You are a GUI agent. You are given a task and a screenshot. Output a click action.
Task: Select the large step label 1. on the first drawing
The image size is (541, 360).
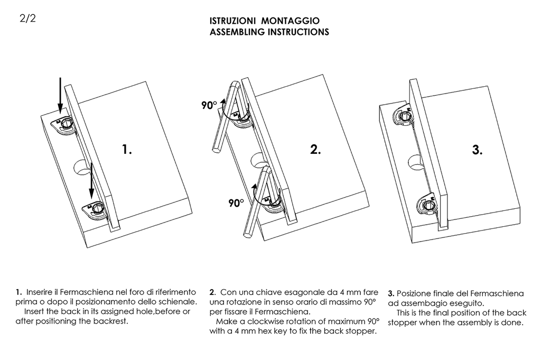click(127, 150)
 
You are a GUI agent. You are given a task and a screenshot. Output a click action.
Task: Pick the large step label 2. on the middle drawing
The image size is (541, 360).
click(315, 150)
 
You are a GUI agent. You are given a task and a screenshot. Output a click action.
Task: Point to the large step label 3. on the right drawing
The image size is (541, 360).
click(477, 150)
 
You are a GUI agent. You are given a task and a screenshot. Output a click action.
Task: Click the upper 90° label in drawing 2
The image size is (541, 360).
click(209, 106)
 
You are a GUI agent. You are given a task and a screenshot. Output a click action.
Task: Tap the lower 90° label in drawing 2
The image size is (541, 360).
click(236, 202)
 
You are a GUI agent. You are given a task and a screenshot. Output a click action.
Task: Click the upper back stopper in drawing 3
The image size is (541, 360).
click(405, 117)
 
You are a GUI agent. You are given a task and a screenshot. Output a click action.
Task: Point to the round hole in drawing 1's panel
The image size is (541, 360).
click(80, 168)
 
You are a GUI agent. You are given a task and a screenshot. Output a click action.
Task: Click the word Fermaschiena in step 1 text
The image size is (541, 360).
click(83, 292)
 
